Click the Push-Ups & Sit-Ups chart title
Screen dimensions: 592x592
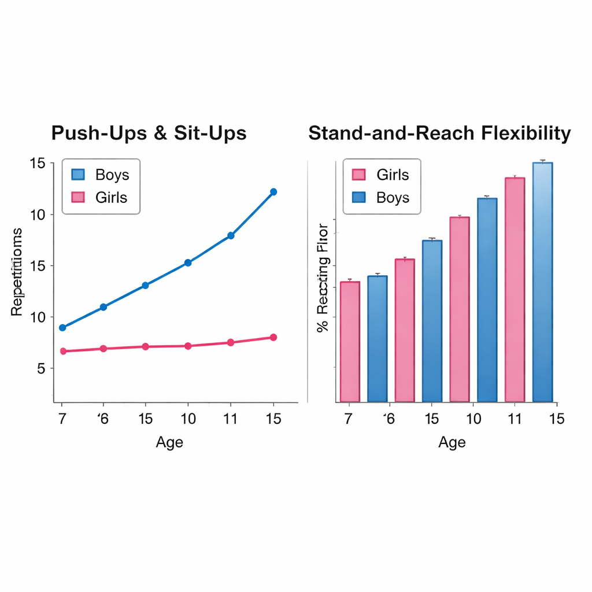(x=149, y=133)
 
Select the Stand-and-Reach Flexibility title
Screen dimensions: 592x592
(x=439, y=133)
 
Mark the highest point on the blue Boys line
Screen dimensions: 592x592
(x=273, y=192)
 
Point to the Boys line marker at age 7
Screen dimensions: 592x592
(x=62, y=328)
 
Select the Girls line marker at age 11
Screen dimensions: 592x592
(x=231, y=342)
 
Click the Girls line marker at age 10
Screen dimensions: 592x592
(x=188, y=346)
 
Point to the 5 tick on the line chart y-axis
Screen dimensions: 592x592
(x=40, y=368)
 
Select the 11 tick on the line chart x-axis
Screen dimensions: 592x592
(x=230, y=419)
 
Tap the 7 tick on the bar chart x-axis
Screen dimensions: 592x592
(x=348, y=419)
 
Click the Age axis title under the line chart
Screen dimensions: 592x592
(x=169, y=442)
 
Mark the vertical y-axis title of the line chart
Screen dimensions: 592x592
(x=17, y=272)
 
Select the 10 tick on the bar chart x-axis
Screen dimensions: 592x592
(x=473, y=419)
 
